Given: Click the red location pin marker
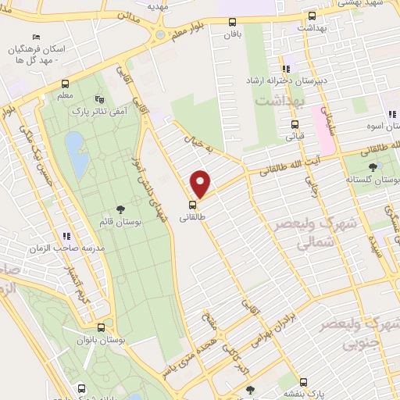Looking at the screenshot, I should click(x=202, y=184).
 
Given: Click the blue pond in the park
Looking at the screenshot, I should click(x=77, y=154).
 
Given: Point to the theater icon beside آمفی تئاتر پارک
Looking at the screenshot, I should click(x=98, y=99).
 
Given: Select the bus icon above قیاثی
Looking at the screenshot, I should click(x=295, y=123).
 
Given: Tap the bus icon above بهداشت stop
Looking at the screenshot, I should click(x=312, y=15).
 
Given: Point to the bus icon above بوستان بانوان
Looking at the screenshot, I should click(x=102, y=327).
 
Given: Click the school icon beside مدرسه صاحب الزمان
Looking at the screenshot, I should click(x=67, y=235).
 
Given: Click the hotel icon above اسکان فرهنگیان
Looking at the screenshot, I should click(x=36, y=37).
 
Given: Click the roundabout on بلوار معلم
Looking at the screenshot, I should click(x=160, y=34).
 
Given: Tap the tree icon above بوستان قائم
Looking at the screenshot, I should click(x=121, y=209).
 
